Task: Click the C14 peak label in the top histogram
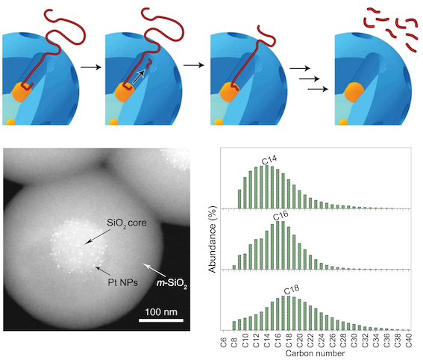coord(269,160)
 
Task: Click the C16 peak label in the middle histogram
coord(281,216)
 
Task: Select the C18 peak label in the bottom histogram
coord(292,290)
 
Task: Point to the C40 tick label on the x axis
coord(409,341)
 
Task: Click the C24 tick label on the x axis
coord(322,341)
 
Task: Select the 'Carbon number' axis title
coord(315,353)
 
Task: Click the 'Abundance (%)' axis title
coord(213,239)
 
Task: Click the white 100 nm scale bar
coord(161,320)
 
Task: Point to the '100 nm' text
coord(161,312)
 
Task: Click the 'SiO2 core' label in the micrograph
coord(127,223)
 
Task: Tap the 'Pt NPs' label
coord(123,282)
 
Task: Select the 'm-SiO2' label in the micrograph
coord(172,284)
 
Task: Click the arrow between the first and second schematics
coord(91,67)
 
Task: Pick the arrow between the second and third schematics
coord(193,65)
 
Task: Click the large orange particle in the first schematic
coord(22,92)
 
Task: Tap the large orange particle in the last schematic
coord(354,92)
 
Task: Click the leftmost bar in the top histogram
coord(239,199)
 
